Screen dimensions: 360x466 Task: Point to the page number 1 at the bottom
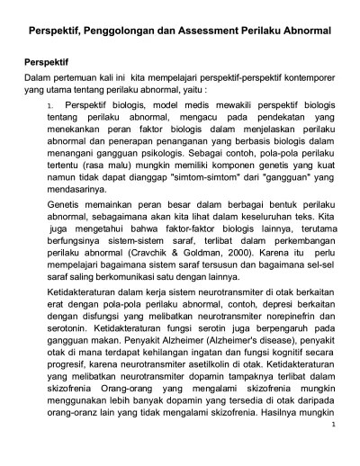click(x=332, y=448)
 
